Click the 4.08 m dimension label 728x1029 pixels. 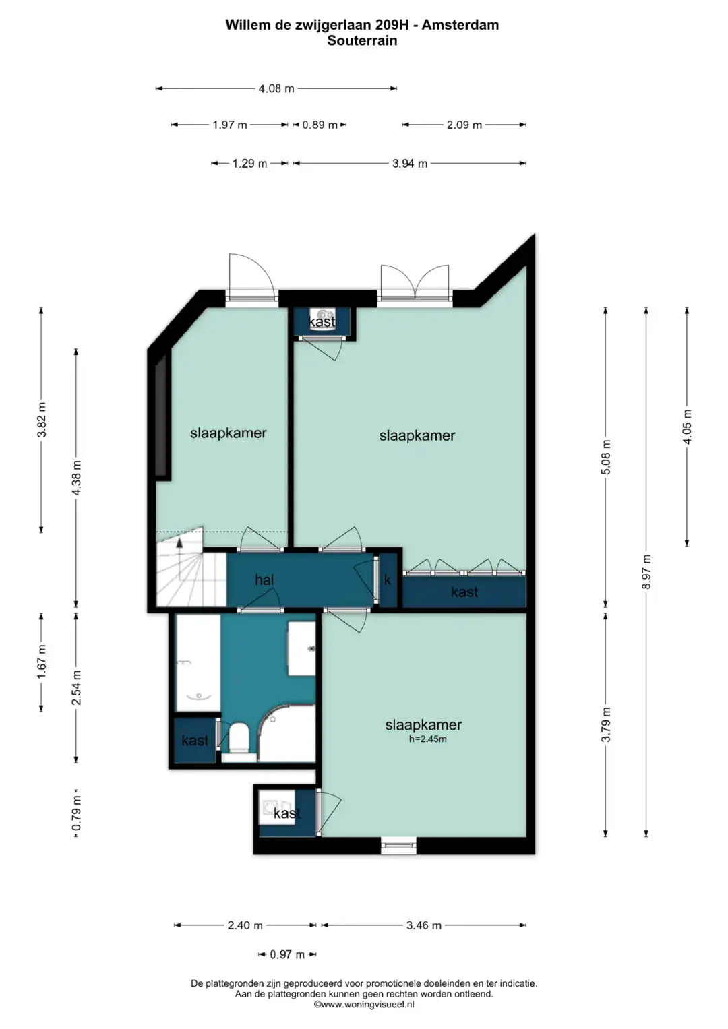pos(276,88)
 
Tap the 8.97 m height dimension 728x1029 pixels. pos(646,572)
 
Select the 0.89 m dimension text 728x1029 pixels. pos(320,125)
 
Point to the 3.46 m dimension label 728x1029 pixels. pos(423,925)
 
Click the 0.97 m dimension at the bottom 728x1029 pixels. pos(286,955)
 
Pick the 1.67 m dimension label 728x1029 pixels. pos(41,661)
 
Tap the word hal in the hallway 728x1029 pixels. pos(264,580)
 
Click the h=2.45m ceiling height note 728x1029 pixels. pos(427,739)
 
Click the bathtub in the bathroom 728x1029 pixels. pos(198,663)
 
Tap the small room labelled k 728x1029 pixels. pos(388,580)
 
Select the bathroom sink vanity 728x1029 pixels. pos(301,648)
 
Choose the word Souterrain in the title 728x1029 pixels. pos(362,41)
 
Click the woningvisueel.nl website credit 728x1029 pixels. pos(363,1005)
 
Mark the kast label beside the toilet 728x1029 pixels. pos(195,740)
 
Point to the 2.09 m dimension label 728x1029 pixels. pos(464,125)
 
